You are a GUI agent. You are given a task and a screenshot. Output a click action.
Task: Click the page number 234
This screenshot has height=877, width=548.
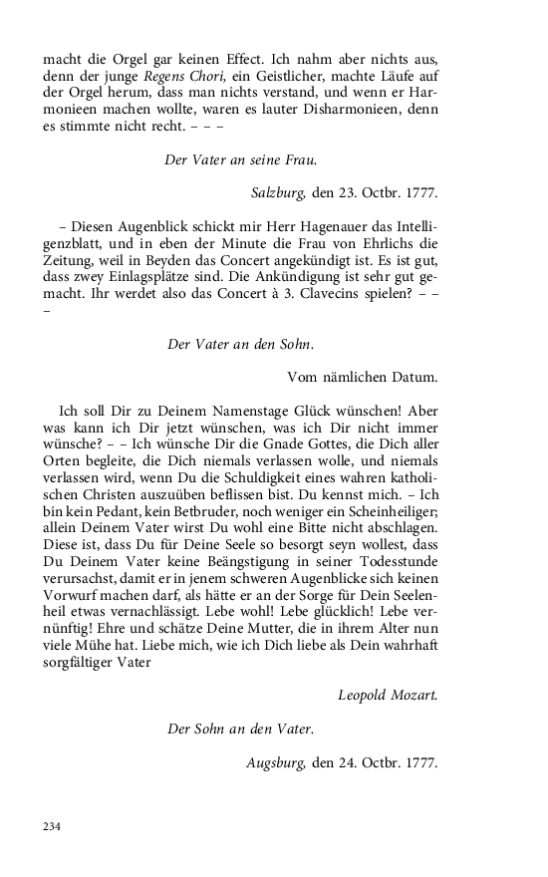coord(52,826)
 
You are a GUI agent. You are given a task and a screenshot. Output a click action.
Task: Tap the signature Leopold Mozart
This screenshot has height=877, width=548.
coord(388,695)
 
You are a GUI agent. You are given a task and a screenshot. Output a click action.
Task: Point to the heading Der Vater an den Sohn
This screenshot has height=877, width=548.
coord(240,344)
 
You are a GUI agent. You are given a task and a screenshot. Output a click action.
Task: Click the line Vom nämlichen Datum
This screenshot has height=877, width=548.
coord(362,377)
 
